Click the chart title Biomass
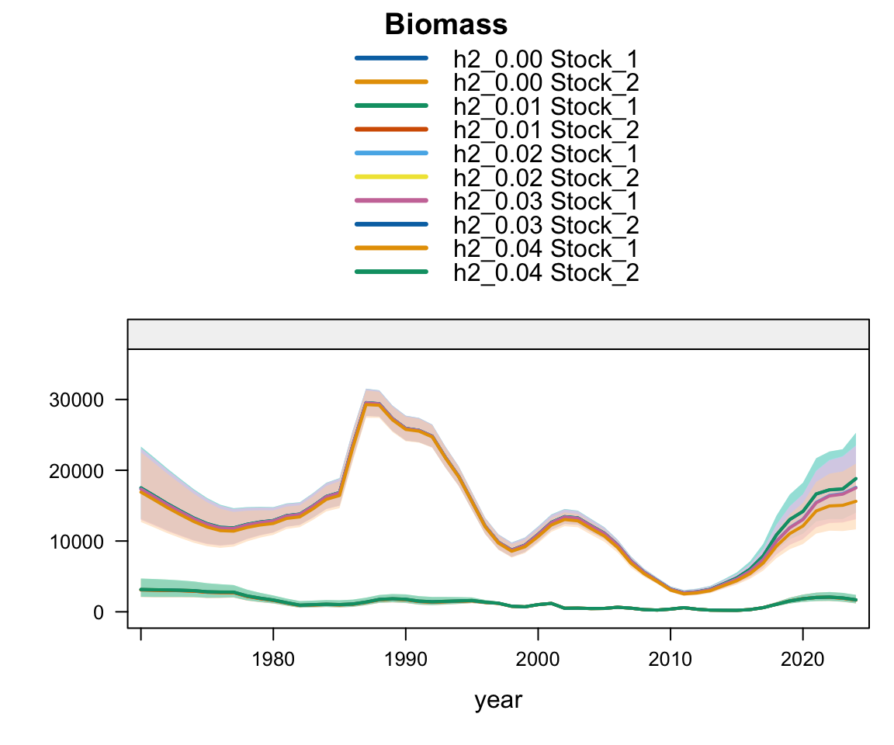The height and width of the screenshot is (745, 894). point(446,25)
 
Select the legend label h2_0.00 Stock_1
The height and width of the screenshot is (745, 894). point(546,59)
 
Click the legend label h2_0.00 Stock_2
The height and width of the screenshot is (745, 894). point(546,83)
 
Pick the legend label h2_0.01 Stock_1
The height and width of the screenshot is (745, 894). point(546,106)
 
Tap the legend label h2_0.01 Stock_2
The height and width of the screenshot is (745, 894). point(546,130)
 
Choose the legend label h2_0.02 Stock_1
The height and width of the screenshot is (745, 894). point(546,154)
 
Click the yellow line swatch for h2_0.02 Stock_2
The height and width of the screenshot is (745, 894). point(391,177)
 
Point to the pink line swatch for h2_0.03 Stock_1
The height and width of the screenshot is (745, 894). point(391,201)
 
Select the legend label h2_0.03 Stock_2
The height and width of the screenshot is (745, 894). point(546,225)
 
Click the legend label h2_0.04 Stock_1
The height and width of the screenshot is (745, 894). point(546,248)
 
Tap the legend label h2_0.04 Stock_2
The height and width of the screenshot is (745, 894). point(546,272)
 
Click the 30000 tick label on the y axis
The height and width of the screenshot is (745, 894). point(76,400)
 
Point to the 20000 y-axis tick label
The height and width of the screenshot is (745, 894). point(76,471)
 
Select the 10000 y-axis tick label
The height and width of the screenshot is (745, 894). point(76,542)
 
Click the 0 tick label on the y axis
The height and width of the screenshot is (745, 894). point(99,613)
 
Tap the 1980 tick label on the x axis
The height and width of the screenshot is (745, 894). point(273,660)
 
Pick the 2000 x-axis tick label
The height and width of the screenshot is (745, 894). point(538,660)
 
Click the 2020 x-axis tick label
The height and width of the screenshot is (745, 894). point(802,660)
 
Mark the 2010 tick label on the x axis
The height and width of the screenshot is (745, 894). point(670,660)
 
